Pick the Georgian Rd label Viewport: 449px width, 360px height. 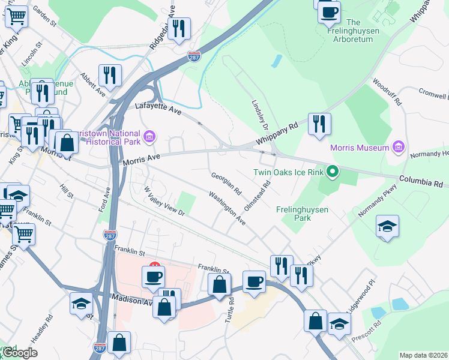click(226, 183)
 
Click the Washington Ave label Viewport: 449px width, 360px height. click(228, 208)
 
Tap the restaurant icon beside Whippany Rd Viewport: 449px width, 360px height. click(319, 124)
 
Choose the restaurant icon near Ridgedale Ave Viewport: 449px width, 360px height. click(179, 28)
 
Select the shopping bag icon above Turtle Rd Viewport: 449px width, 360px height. click(220, 284)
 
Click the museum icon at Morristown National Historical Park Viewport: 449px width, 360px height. click(148, 137)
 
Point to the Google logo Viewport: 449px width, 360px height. click(20, 353)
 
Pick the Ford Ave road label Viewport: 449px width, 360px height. click(106, 199)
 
